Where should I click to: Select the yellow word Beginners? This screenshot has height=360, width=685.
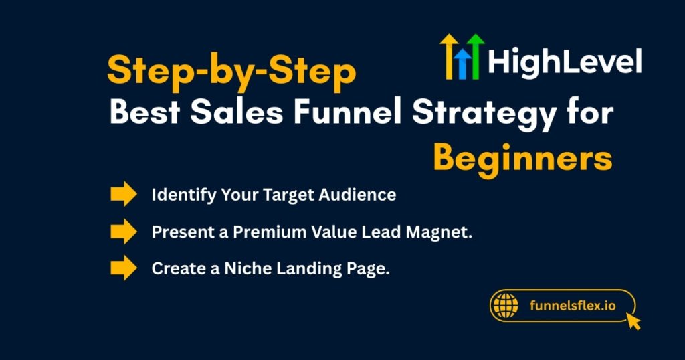tap(522, 158)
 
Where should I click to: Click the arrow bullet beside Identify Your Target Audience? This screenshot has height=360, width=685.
tap(123, 195)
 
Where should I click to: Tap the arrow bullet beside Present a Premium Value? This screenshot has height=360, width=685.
tap(123, 232)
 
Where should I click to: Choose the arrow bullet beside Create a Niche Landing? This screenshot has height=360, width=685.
tap(123, 268)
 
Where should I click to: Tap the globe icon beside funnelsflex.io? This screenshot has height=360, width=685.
tap(505, 306)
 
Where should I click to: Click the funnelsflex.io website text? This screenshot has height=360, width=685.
tap(572, 306)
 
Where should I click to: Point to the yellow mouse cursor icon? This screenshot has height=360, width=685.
tap(632, 322)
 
